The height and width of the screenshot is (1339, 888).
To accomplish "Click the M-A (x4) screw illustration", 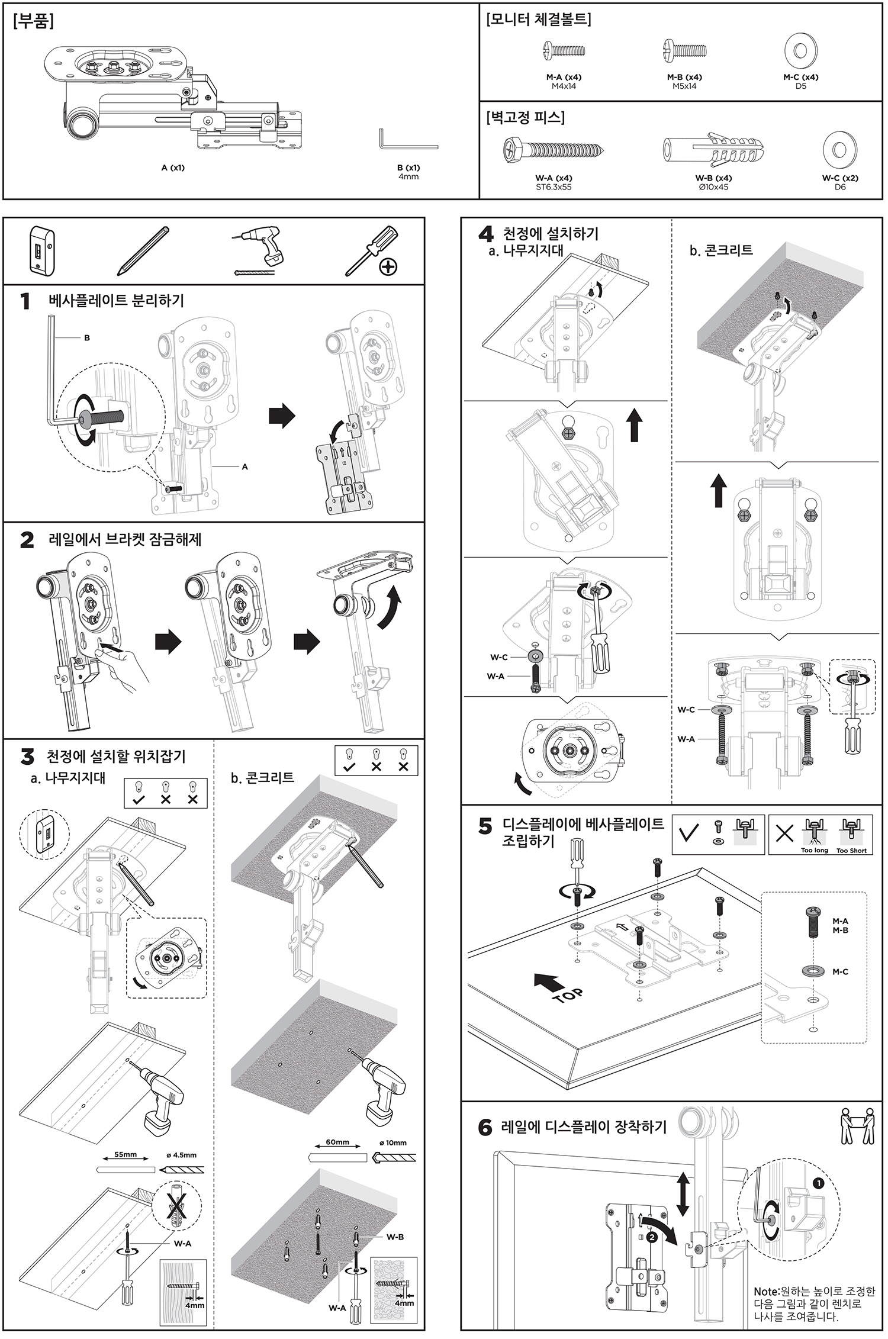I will point(564,51).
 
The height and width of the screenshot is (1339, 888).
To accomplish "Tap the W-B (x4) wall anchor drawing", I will point(713,150).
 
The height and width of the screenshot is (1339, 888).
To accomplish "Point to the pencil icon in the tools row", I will point(144,251).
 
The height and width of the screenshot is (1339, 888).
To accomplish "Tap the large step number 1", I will point(25,302).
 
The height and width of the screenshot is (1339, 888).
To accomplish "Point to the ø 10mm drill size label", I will point(393,1142).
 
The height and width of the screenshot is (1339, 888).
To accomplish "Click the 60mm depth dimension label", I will point(337,1142).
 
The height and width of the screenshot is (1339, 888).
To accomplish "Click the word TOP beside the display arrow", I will point(570,994).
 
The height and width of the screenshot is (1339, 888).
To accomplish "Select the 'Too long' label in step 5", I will point(814,851).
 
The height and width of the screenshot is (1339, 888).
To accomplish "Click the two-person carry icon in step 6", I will point(857,1126).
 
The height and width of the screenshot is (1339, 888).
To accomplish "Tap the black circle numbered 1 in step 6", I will point(818,1183).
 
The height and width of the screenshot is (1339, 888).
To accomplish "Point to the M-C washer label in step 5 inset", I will point(840,972).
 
